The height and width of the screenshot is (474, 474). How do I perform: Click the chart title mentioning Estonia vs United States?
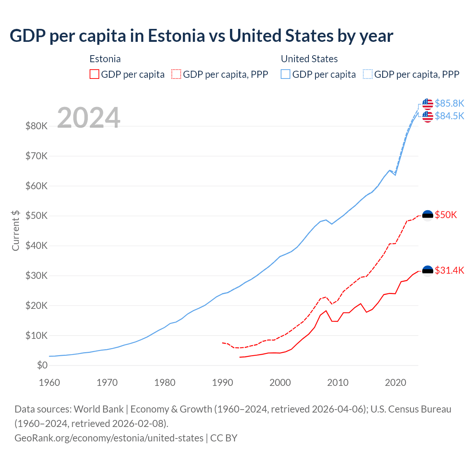click(201, 36)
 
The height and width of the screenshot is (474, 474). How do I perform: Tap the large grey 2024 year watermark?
click(89, 118)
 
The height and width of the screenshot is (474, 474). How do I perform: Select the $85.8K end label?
click(449, 103)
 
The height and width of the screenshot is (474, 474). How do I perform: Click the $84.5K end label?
click(449, 116)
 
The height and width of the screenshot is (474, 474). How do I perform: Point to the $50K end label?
click(446, 215)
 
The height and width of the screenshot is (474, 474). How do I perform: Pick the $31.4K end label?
click(449, 271)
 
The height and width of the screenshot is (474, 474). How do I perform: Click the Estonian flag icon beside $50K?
click(428, 215)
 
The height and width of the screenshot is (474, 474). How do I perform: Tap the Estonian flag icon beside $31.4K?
click(428, 271)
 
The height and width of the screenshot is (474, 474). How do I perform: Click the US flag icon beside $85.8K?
click(428, 104)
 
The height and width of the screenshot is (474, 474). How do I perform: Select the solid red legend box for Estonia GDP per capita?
click(94, 74)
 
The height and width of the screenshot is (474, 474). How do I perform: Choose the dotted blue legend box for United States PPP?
click(368, 74)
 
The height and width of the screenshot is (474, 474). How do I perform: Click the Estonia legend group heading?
click(105, 59)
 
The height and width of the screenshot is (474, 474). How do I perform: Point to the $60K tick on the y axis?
click(36, 186)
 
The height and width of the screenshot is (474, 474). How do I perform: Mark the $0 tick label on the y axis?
click(42, 365)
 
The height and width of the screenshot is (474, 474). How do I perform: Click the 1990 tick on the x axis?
click(222, 383)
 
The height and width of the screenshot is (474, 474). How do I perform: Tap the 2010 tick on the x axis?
click(338, 383)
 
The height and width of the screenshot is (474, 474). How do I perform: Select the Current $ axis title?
click(16, 230)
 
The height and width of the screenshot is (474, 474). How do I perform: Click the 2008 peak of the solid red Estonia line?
click(326, 311)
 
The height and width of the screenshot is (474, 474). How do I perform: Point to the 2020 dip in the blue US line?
click(395, 174)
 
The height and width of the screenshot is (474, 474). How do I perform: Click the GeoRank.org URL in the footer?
click(109, 438)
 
